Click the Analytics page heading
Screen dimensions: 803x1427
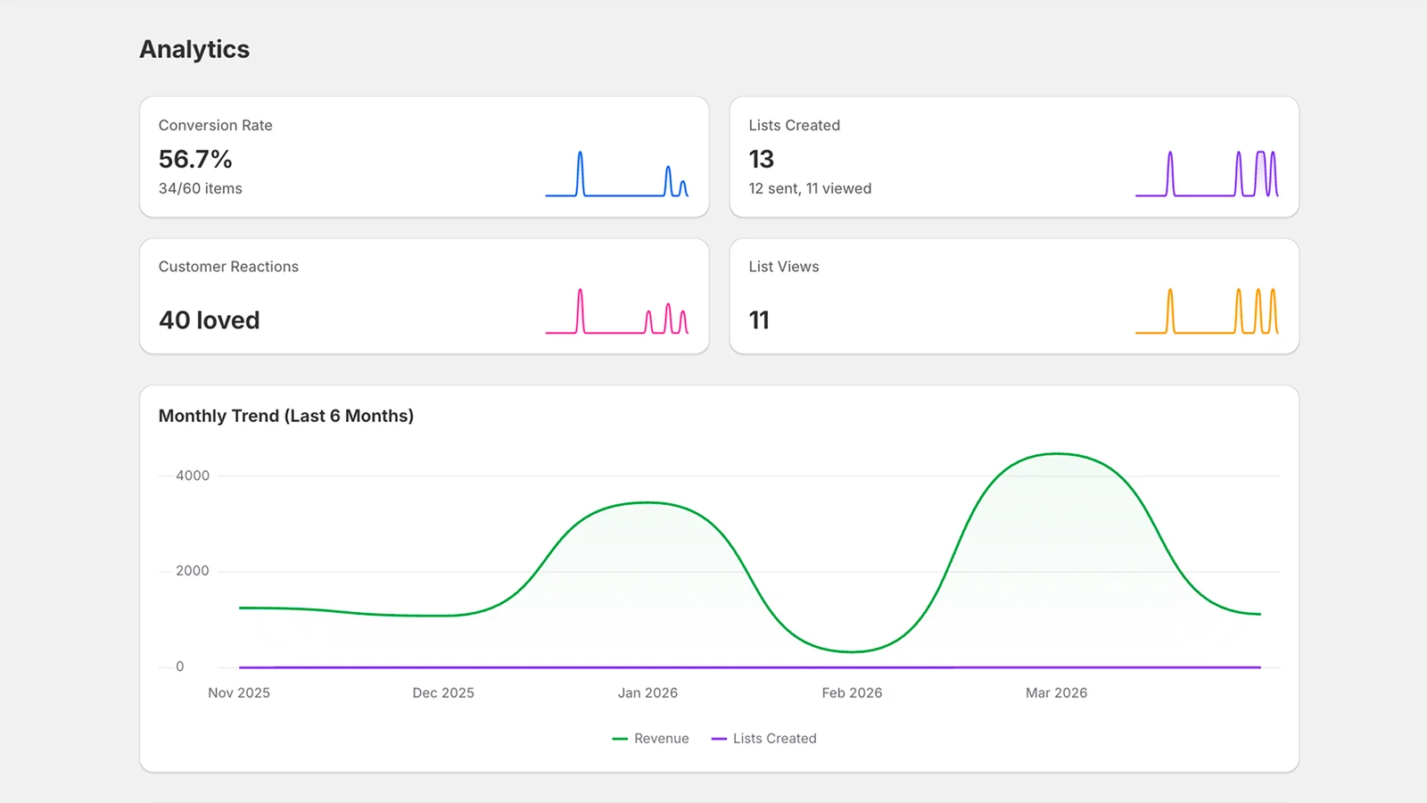[194, 49]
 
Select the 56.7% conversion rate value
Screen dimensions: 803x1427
[195, 159]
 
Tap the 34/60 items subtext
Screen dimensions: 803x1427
[200, 188]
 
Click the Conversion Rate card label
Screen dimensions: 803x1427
[215, 125]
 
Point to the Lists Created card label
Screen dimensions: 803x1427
[794, 125]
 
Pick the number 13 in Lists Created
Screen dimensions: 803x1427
[761, 159]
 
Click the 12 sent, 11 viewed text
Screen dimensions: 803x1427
[810, 188]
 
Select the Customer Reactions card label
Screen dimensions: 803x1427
[228, 267]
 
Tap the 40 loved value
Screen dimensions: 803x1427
[209, 320]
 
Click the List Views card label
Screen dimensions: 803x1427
[783, 267]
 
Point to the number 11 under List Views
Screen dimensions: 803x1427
[759, 320]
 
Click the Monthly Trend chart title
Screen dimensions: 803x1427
[285, 416]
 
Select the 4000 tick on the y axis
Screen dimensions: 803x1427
[193, 476]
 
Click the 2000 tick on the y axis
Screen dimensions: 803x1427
[193, 571]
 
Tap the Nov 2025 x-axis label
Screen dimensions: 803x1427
[239, 692]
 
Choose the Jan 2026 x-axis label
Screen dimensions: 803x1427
[648, 692]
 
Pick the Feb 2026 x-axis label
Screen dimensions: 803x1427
[852, 692]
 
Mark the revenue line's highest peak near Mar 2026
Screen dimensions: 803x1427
[1057, 454]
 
